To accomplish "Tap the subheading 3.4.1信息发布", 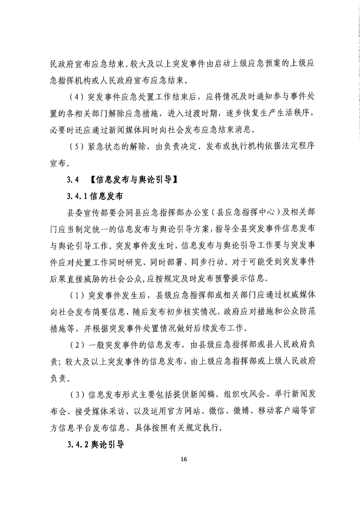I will tap(95, 196).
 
